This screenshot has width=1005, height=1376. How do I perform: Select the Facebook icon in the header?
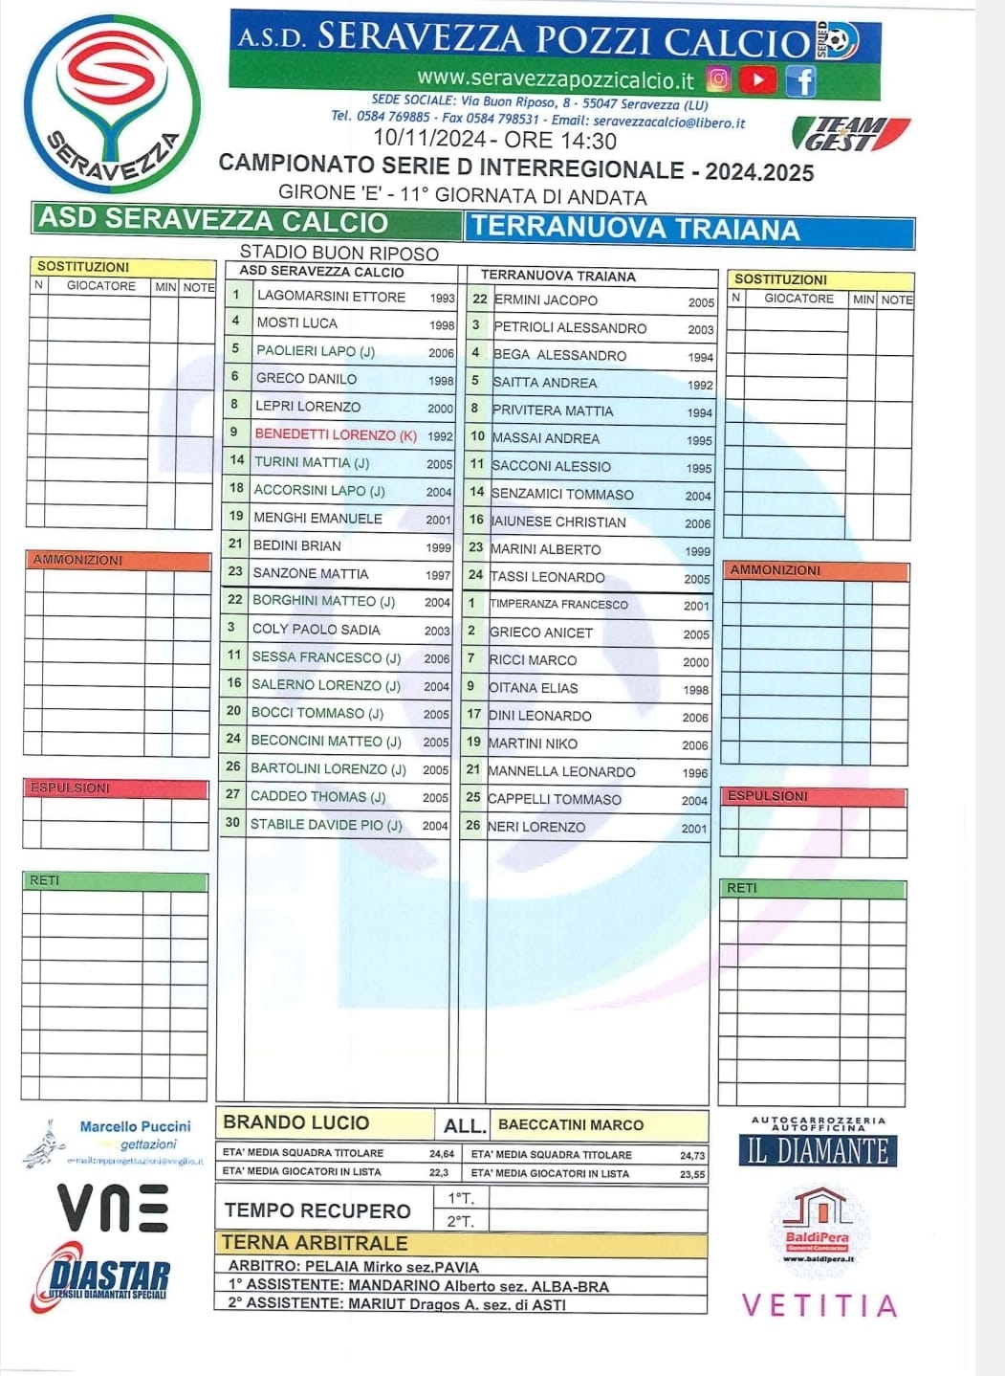(800, 80)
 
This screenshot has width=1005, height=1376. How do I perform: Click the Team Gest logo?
(850, 134)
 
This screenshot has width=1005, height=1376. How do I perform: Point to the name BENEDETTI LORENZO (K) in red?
(336, 434)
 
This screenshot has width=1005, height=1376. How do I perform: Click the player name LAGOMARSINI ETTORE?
(331, 297)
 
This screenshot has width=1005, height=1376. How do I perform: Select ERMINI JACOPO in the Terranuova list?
(546, 300)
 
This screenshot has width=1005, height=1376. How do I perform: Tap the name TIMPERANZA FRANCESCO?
(559, 605)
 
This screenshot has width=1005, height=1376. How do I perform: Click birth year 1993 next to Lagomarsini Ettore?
(442, 298)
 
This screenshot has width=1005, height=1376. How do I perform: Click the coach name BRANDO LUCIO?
(295, 1122)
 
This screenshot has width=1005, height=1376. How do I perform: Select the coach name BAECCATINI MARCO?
(571, 1125)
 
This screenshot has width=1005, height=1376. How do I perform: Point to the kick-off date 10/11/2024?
(428, 141)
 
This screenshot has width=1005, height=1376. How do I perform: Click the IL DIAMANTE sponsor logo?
(818, 1148)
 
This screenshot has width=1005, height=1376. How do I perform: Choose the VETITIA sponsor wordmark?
(819, 1306)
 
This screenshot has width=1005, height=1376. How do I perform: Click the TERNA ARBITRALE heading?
(315, 1243)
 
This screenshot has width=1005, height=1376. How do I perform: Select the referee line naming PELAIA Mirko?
(353, 1267)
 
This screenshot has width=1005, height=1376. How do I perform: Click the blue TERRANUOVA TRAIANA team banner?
(689, 230)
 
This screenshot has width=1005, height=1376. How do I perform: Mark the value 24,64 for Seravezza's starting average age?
(441, 1154)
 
